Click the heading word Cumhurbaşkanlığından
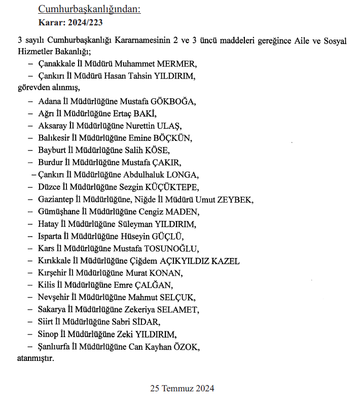pos(89,10)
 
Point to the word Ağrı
pos(47,113)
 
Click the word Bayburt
pos(52,150)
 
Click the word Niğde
pos(146,199)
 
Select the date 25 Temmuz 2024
pos(182,389)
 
